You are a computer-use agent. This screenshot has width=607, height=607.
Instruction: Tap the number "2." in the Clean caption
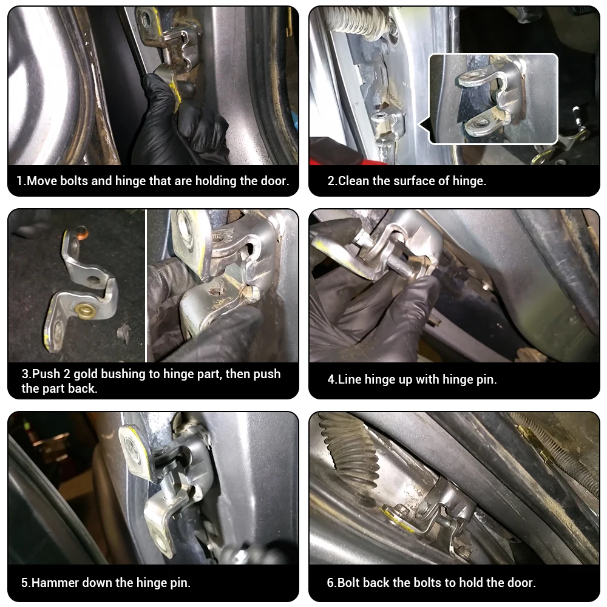332,181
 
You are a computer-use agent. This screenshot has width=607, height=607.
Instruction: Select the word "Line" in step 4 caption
350,379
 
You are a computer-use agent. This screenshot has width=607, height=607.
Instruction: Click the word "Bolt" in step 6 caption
350,583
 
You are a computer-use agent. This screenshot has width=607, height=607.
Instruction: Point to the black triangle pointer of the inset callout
424,124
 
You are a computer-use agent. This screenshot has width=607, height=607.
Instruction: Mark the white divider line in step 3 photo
146,285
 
